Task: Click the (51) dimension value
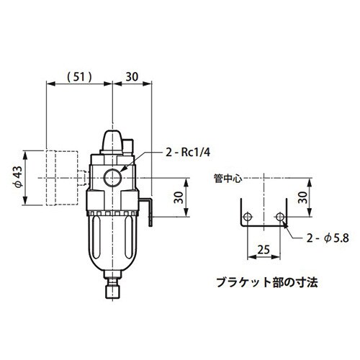click(79, 74)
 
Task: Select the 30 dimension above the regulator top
click(132, 74)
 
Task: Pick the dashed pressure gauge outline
click(61, 177)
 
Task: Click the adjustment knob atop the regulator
click(113, 139)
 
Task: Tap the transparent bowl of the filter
click(113, 241)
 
